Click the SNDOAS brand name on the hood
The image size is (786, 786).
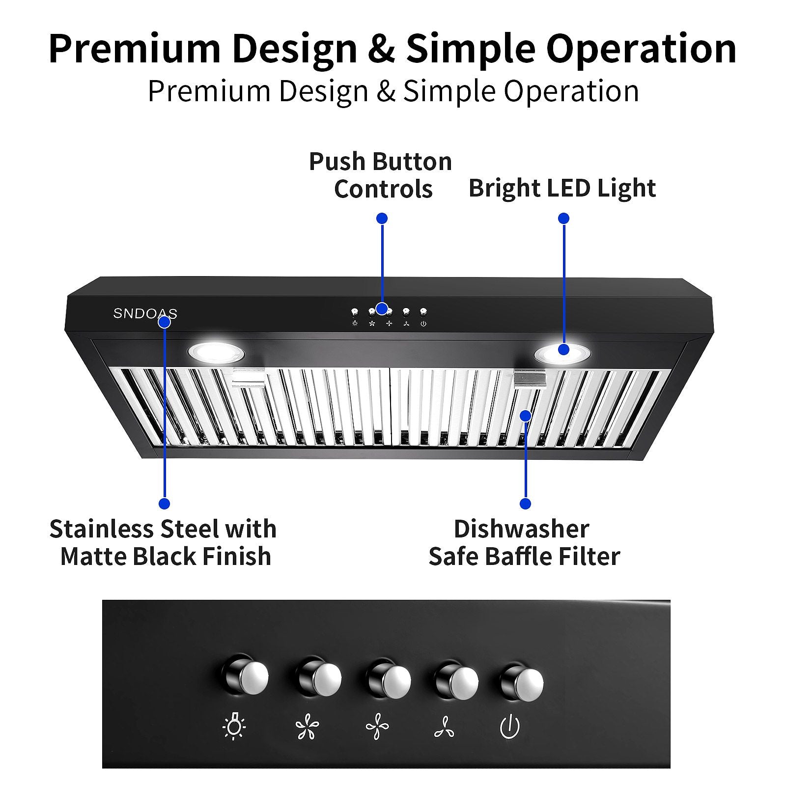[145, 313]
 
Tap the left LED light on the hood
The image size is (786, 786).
[216, 352]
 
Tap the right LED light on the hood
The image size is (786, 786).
[562, 353]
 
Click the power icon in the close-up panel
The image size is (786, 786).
[510, 727]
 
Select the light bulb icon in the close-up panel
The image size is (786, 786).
[234, 727]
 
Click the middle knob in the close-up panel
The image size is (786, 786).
[389, 681]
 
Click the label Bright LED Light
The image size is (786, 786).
[562, 188]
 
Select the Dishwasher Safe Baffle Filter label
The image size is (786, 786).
[524, 543]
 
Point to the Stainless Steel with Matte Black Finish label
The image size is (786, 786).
[164, 543]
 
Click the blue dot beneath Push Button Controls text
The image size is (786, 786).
[382, 218]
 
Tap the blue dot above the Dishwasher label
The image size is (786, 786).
[525, 504]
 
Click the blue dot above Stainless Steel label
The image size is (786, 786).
[165, 504]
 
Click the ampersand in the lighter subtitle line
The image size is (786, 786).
[386, 91]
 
